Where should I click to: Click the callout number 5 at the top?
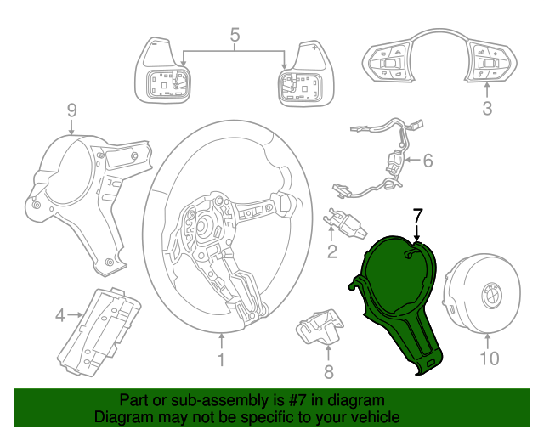click(235, 35)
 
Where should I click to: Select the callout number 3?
click(487, 108)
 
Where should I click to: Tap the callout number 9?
click(71, 109)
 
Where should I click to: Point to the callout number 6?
click(428, 160)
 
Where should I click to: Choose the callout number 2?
click(332, 251)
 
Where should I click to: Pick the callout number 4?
click(60, 316)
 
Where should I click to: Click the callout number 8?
click(329, 371)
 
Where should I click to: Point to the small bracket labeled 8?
click(319, 332)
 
